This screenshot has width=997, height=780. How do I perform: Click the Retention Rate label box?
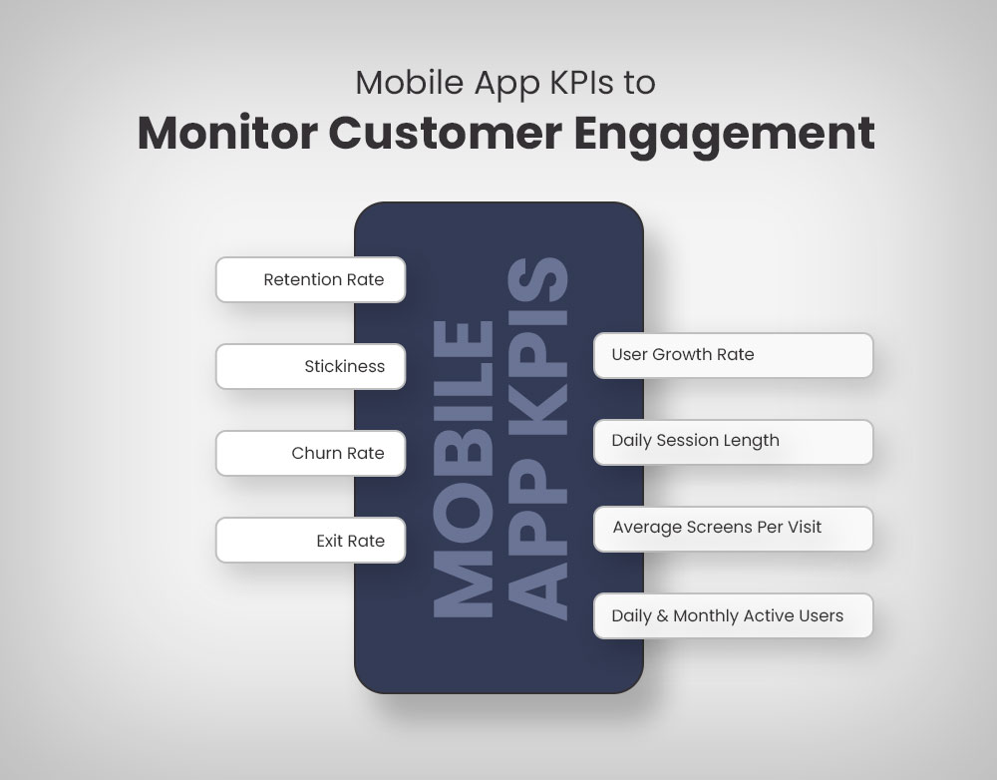pos(310,280)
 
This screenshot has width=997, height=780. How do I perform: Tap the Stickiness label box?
pos(310,367)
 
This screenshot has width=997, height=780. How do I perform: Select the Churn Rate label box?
pos(310,453)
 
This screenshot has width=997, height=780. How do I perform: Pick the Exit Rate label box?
pos(310,541)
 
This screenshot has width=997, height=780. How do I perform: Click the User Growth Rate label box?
pos(733,355)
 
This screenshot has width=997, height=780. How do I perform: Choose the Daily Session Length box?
pos(733,441)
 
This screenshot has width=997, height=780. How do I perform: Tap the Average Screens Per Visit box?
pos(733,528)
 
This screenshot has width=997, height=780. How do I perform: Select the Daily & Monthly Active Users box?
pos(733,615)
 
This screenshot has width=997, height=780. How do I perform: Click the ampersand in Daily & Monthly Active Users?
pos(662,615)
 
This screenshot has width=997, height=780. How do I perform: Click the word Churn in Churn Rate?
pos(314,453)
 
